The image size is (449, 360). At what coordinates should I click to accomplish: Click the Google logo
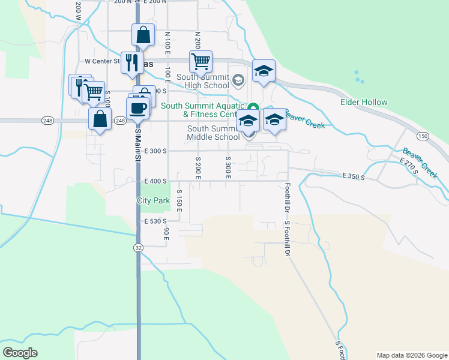(x=20, y=353)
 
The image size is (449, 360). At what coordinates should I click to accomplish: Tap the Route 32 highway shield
(x=139, y=247)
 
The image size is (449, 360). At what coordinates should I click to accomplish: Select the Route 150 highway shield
(x=423, y=137)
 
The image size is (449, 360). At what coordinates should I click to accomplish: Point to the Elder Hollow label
(x=364, y=102)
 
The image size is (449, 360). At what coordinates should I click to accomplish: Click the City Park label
(x=154, y=201)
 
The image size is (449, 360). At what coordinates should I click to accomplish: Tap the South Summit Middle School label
(x=214, y=133)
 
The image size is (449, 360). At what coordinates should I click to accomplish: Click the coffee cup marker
(x=138, y=108)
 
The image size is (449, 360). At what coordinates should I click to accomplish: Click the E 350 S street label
(x=354, y=176)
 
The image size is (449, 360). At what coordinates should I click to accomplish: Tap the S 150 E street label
(x=179, y=200)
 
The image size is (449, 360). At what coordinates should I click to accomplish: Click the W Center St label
(x=103, y=61)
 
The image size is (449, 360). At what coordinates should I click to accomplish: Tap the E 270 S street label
(x=408, y=166)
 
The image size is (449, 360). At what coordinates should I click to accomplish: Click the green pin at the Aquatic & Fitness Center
(x=253, y=109)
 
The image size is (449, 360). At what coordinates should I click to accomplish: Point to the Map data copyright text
(x=411, y=355)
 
